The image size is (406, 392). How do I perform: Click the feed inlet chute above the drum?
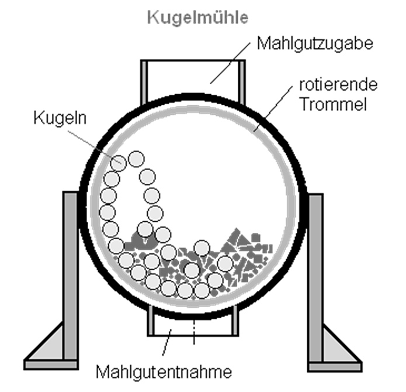pyautogui.click(x=192, y=76)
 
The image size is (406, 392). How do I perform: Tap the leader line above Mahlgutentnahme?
pyautogui.click(x=166, y=345)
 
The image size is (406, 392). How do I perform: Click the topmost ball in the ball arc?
pyautogui.click(x=136, y=158)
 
